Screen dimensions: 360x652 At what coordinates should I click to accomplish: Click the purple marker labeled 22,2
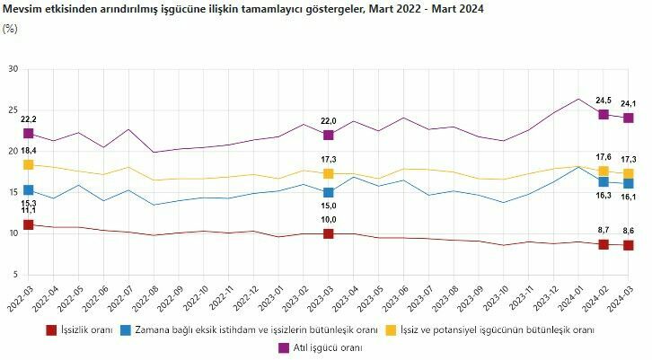[x=29, y=134]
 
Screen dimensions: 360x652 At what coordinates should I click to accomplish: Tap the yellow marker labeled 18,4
[x=29, y=165]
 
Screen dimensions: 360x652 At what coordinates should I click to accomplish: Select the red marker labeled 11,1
[x=29, y=224]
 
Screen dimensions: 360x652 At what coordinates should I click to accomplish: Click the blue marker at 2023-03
[x=329, y=192]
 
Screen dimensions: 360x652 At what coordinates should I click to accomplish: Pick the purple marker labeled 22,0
[x=329, y=135]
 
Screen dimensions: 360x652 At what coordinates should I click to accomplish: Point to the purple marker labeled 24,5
[x=604, y=114]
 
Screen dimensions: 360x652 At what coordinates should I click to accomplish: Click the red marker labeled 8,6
[x=629, y=245]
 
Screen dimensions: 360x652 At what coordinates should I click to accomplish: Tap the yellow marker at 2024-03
[x=629, y=173]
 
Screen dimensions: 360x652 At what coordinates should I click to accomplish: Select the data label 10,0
[x=329, y=220]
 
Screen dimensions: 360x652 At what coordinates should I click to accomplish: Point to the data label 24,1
[x=628, y=102]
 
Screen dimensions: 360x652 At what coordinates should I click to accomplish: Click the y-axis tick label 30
[x=13, y=69]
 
